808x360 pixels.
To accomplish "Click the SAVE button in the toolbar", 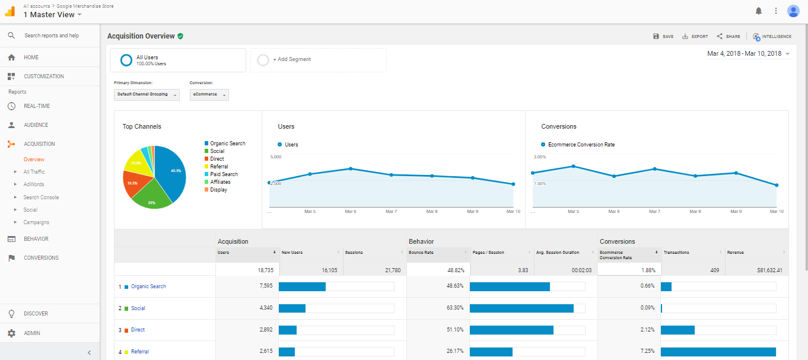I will [663, 36].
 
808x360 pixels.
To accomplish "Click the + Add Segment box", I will [318, 60].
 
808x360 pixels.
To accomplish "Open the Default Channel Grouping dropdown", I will [147, 94].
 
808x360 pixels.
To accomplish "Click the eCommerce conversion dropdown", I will [209, 94].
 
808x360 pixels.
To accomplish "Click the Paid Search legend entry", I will [224, 174].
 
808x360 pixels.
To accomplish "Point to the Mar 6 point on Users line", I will [351, 168].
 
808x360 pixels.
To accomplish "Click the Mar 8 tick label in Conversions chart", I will [695, 212].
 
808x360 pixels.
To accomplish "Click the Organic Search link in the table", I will [148, 286].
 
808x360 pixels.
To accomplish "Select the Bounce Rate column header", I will [421, 253].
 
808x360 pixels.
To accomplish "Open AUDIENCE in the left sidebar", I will [36, 125].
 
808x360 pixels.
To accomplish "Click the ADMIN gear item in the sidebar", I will [32, 333].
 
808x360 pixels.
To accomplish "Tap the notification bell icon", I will [758, 11].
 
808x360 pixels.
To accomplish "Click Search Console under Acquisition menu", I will [41, 197].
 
